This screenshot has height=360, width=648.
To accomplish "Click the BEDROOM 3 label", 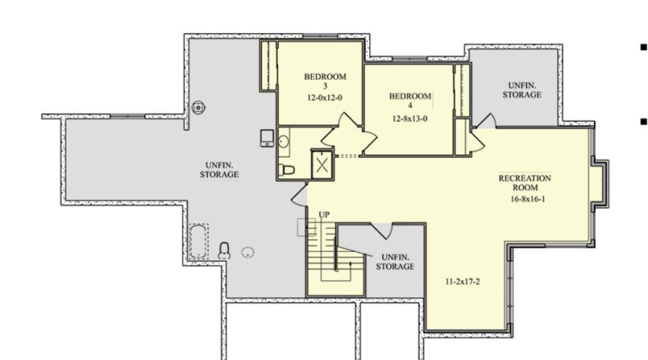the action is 325,81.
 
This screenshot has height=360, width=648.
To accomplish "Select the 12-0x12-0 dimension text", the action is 325,98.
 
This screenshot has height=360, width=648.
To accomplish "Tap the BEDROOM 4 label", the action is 410,100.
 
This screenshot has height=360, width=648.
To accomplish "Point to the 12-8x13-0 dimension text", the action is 410,119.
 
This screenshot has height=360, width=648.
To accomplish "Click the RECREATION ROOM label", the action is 525,183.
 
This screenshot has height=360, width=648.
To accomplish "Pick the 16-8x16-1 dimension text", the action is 528,199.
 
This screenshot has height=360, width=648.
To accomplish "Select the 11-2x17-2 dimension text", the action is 462,282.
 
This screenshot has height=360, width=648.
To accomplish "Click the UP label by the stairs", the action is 324,215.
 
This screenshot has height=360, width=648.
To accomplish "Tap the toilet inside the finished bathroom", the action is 287,169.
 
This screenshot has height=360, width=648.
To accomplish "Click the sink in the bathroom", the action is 284,142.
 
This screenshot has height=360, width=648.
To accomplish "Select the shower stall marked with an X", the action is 322,165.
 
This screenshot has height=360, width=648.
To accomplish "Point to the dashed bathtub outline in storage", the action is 199,242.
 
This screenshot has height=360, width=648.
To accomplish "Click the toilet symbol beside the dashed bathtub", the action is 224,251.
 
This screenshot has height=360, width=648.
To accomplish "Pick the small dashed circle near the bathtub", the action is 248,252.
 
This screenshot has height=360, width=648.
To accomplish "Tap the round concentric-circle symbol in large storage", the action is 199,107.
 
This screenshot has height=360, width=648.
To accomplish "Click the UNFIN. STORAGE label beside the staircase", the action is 395,262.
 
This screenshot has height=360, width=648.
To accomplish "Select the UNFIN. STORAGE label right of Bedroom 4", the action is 522,91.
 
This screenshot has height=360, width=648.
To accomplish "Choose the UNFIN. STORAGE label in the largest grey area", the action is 219,170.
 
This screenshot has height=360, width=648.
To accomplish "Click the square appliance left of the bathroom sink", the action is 267,138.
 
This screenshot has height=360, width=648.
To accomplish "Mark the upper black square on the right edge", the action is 643,47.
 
